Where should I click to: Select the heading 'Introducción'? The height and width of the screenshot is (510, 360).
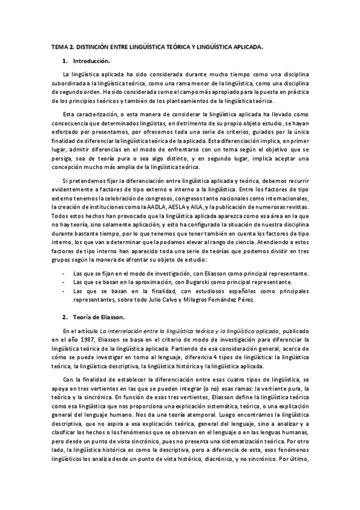tap(91, 61)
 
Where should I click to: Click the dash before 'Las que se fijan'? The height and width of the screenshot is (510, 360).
tap(64, 273)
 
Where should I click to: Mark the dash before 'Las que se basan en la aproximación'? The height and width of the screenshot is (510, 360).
tap(64, 281)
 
